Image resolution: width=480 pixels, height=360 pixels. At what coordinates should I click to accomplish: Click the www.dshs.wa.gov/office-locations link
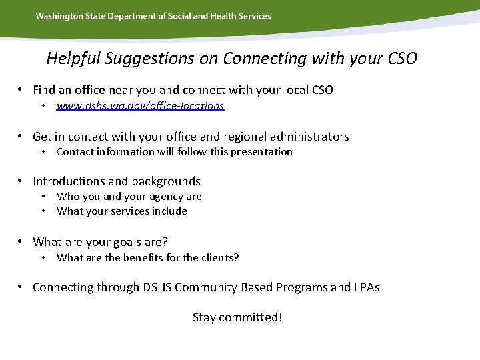point(140,106)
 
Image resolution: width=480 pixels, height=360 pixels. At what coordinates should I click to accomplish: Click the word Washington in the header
point(58,16)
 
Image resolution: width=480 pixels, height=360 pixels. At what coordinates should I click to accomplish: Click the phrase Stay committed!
point(237,317)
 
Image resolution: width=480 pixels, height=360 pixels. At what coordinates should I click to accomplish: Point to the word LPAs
point(367,287)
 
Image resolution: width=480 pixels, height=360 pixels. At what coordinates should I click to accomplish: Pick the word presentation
point(260,152)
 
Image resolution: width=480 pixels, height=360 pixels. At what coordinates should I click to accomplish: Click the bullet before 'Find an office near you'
point(21,89)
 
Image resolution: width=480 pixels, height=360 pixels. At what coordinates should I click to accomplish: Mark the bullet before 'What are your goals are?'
point(21,241)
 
